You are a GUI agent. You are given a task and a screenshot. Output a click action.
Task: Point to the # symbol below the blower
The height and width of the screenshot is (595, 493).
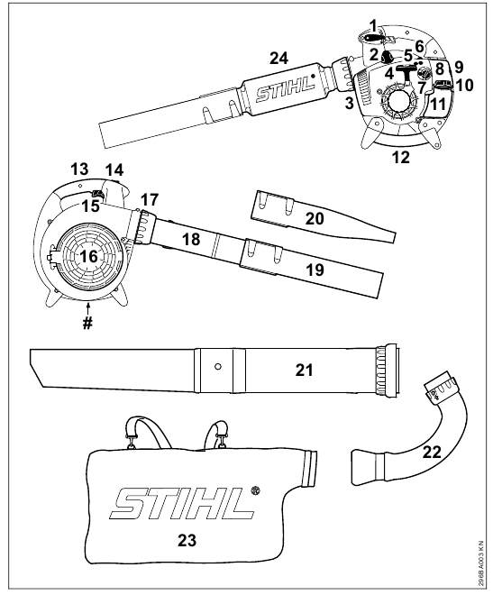point(88,325)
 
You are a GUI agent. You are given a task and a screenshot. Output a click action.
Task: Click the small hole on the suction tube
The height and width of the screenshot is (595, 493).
point(217,366)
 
